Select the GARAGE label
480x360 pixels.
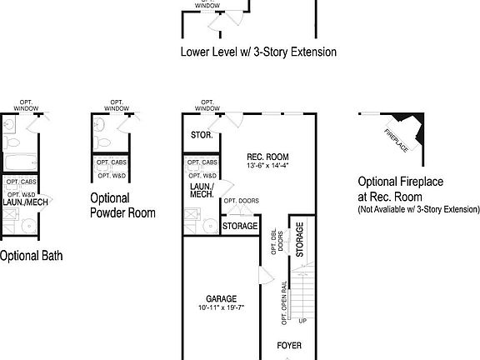pos(222,298)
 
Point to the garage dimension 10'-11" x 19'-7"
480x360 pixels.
pos(222,307)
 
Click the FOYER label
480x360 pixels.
pos(289,345)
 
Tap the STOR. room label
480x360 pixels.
pos(202,135)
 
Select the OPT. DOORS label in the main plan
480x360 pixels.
pos(241,201)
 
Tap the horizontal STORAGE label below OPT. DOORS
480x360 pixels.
pos(241,226)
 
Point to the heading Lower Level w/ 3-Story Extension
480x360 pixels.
pos(258,52)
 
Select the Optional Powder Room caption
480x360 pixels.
pos(122,205)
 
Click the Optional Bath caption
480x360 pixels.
pos(30,256)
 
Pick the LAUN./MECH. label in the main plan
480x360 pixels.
pos(200,191)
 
